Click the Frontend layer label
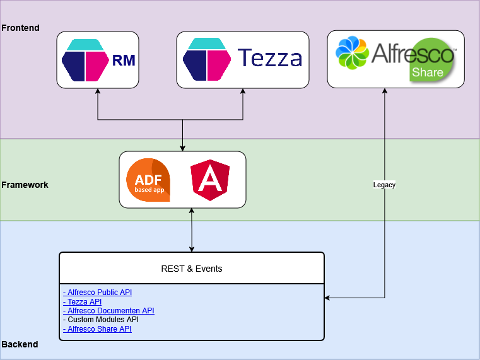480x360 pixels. (20, 28)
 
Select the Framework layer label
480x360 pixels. (25, 185)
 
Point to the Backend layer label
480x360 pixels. (20, 344)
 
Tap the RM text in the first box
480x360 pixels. (124, 61)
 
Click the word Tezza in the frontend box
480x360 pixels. (269, 59)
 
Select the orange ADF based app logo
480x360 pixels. (148, 180)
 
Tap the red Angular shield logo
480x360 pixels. (210, 180)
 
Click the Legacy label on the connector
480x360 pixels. (384, 185)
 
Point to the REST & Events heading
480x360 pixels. (192, 269)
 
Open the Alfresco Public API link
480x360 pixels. (97, 293)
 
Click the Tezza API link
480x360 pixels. (82, 302)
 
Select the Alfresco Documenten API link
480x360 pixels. (108, 311)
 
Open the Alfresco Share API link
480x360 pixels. (97, 329)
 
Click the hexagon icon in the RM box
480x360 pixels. (85, 60)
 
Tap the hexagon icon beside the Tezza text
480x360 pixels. (206, 59)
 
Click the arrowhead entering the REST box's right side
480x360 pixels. (328, 298)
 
